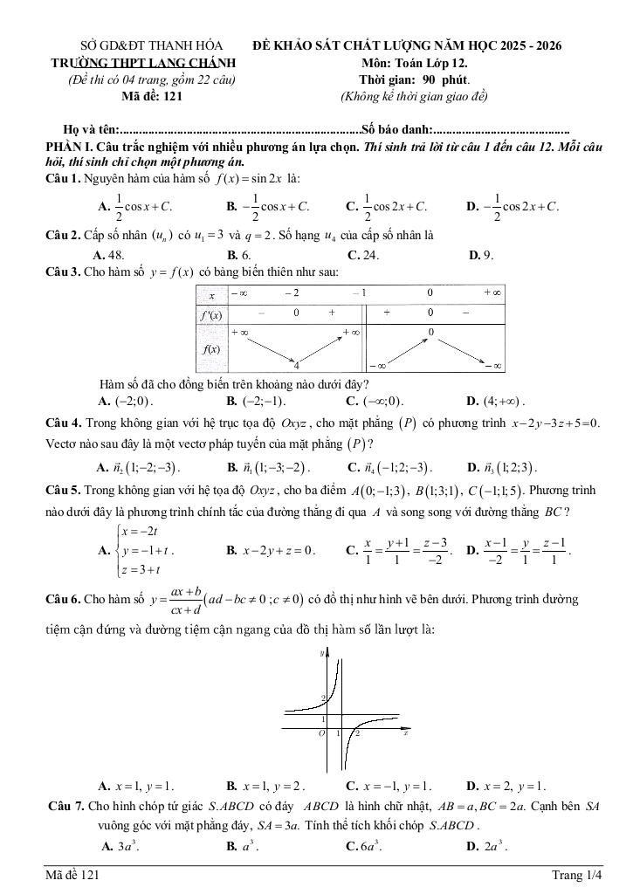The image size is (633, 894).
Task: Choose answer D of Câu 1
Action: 513,207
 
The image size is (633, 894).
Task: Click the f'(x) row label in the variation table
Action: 210,313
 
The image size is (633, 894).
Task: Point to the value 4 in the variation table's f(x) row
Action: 296,364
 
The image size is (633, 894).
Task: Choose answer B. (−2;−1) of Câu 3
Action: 256,402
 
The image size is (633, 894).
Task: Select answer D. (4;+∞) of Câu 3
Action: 496,402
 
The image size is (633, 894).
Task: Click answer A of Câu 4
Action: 137,466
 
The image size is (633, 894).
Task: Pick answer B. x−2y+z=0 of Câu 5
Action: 272,551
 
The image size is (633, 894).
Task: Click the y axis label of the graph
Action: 322,652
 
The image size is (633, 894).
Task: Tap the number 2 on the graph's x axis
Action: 357,733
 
